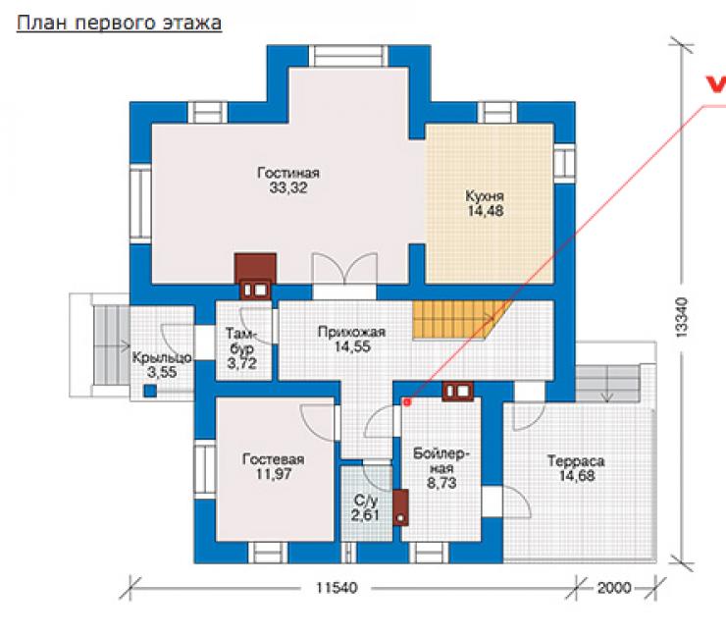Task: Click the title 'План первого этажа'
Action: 119,23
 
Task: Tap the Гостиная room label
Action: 288,173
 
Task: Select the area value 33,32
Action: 288,188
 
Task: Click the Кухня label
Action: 485,196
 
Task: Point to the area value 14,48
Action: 486,211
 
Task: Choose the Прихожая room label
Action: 351,332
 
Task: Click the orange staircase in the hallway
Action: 460,320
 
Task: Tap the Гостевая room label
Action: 273,459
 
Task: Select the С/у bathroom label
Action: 365,501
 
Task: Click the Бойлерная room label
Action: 441,461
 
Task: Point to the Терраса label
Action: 576,461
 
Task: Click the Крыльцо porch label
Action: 162,357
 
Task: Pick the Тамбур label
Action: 241,341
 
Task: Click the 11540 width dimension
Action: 337,588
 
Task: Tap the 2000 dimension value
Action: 614,588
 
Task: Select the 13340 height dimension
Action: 681,317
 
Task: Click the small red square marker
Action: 407,402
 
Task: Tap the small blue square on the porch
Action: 150,391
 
